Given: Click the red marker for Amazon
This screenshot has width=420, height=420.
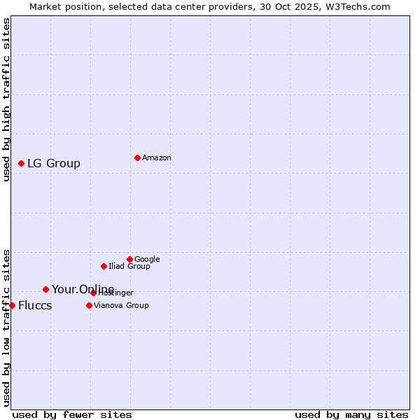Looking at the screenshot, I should pyautogui.click(x=137, y=157).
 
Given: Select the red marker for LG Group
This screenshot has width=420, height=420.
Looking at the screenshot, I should pyautogui.click(x=21, y=163).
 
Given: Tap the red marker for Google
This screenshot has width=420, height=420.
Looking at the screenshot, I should pyautogui.click(x=129, y=259).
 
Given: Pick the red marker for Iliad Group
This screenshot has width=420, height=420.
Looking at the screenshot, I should pyautogui.click(x=104, y=266).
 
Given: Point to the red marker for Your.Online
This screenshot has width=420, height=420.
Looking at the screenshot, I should pyautogui.click(x=45, y=289).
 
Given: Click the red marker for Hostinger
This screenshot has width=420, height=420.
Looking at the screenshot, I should pyautogui.click(x=93, y=293).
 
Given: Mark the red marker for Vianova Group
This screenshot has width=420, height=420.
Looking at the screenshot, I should pyautogui.click(x=89, y=305).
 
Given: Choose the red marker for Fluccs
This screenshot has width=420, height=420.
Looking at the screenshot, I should pyautogui.click(x=12, y=305).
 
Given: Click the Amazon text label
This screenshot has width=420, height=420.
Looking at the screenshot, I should pyautogui.click(x=157, y=157).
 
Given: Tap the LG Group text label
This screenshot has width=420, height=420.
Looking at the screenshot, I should pyautogui.click(x=54, y=163).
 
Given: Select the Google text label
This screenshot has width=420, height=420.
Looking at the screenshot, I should pyautogui.click(x=147, y=259).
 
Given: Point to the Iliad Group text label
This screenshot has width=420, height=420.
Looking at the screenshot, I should pyautogui.click(x=129, y=266).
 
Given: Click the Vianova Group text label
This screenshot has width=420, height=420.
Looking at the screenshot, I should pyautogui.click(x=121, y=305).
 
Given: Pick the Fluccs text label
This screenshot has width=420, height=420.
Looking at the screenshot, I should pyautogui.click(x=35, y=305).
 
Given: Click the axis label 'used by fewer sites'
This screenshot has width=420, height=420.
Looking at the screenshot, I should pyautogui.click(x=72, y=414).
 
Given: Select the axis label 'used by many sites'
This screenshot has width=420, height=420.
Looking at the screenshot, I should pyautogui.click(x=351, y=414).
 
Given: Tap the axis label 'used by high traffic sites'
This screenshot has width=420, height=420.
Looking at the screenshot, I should pyautogui.click(x=7, y=99).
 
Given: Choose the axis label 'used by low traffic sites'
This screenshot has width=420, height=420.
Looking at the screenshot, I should pyautogui.click(x=7, y=327).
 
